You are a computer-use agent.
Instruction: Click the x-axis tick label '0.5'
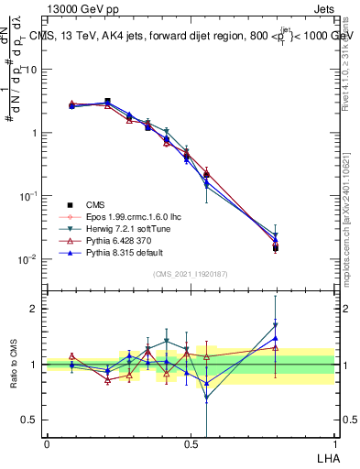pyautogui.click(x=191, y=443)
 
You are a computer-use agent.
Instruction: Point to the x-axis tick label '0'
pyautogui.click(x=47, y=443)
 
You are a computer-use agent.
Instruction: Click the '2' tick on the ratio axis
pyautogui.click(x=35, y=309)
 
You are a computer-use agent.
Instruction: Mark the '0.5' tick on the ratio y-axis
pyautogui.click(x=30, y=420)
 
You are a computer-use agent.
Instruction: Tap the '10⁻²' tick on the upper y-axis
pyautogui.click(x=28, y=259)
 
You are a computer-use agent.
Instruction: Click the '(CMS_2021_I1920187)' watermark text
pyautogui.click(x=190, y=274)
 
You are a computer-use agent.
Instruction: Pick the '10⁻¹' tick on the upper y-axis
pyautogui.click(x=28, y=196)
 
